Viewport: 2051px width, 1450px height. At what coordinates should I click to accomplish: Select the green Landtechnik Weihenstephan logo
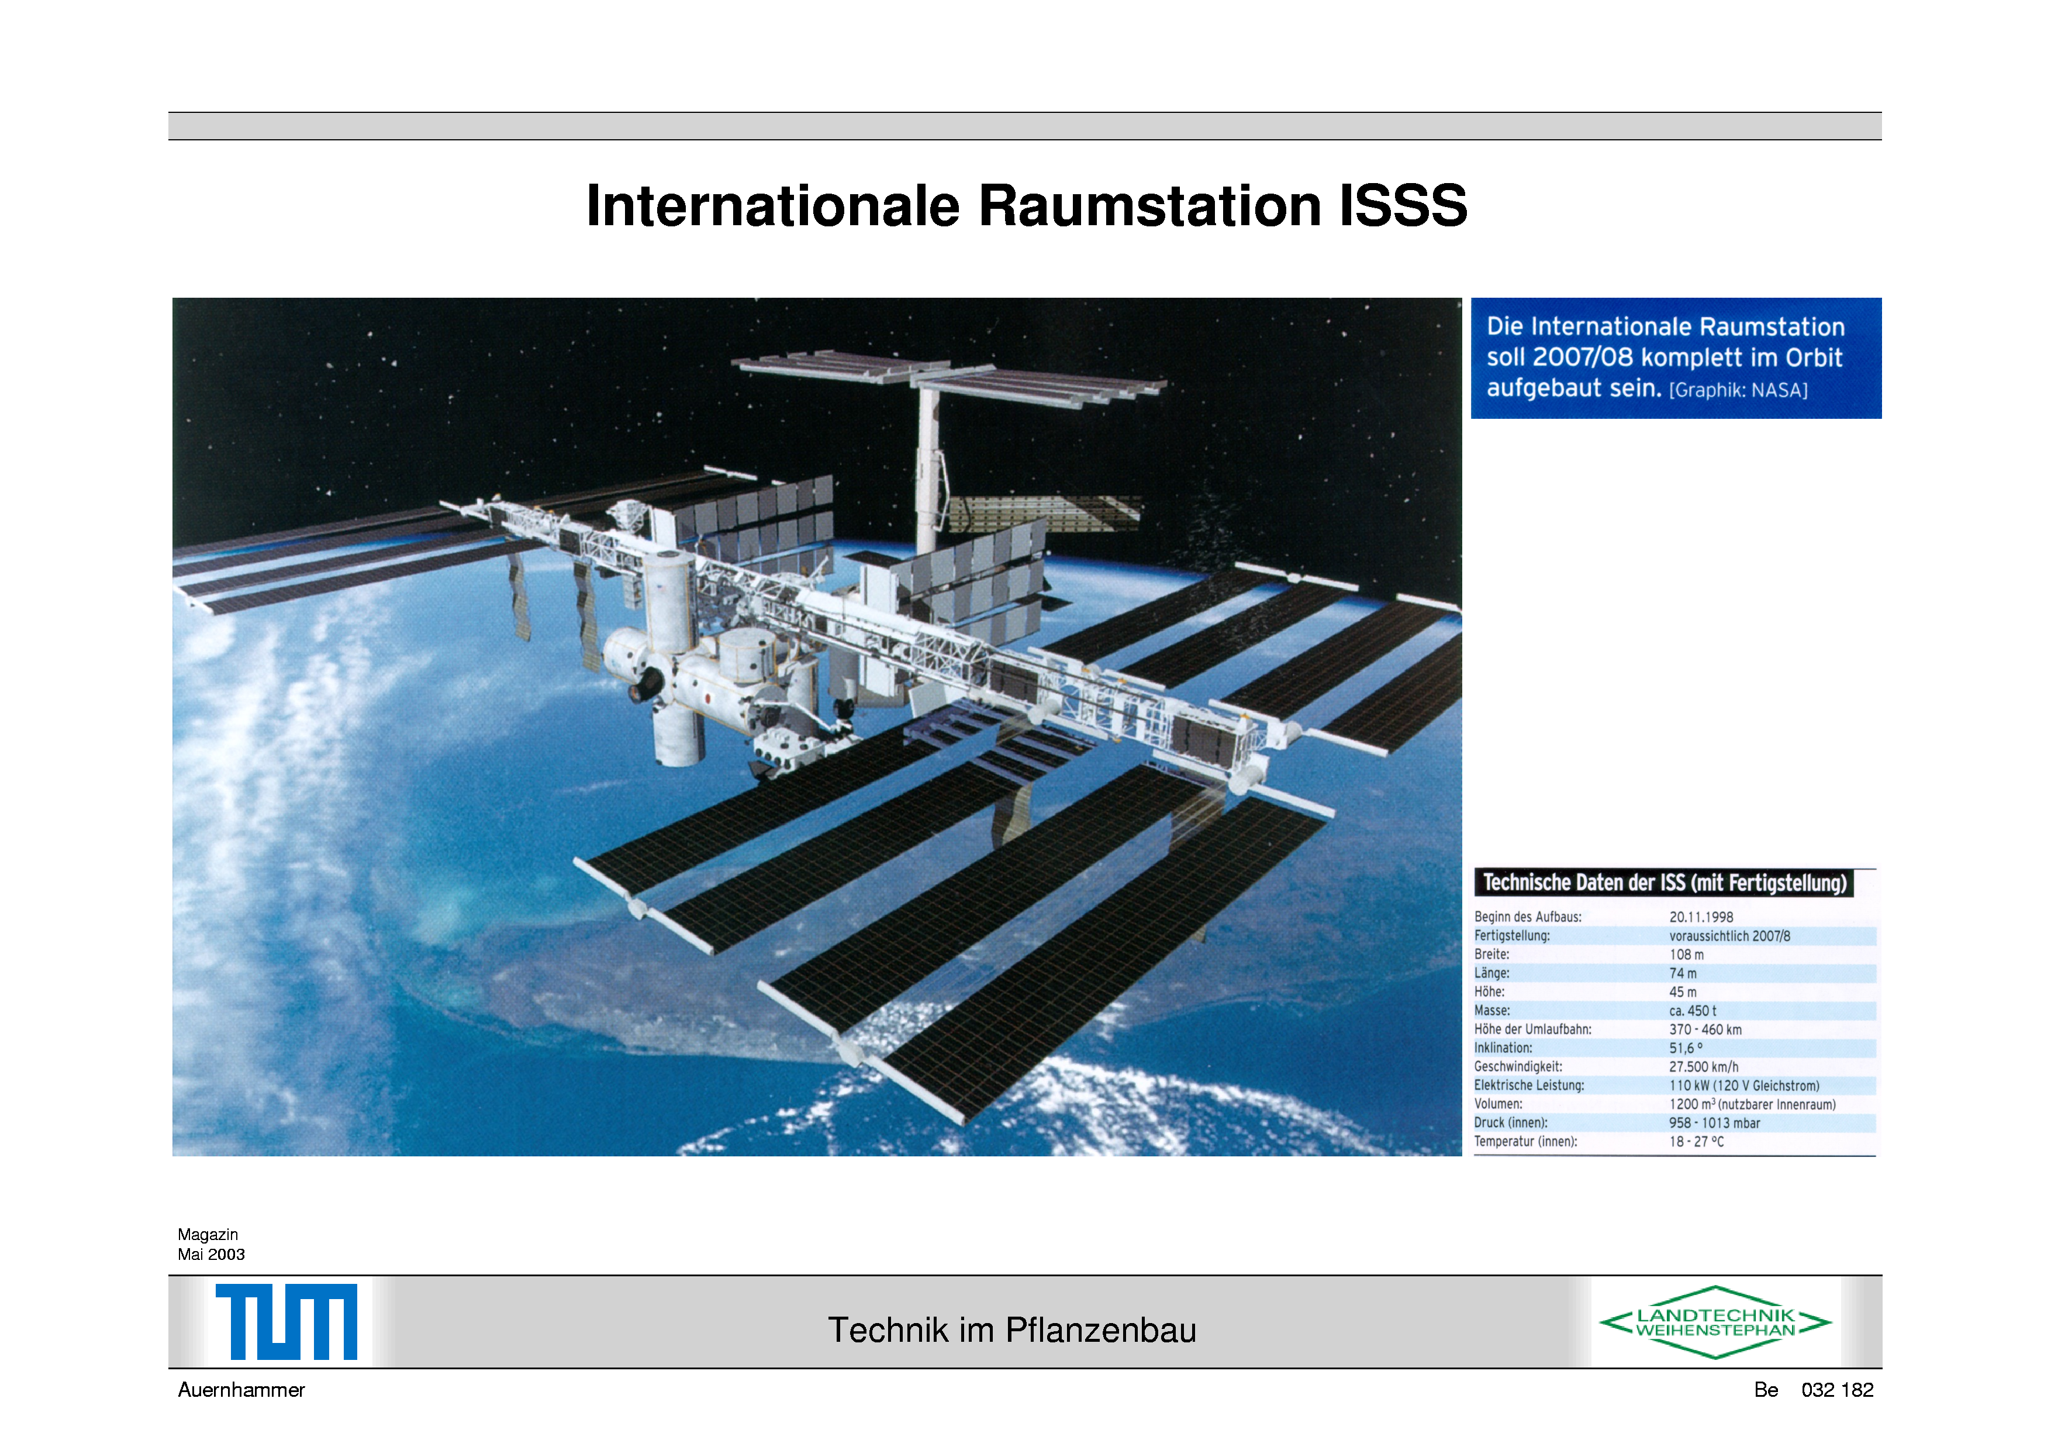pyautogui.click(x=1715, y=1322)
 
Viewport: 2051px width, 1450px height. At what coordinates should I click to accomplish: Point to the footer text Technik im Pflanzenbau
pyautogui.click(x=1011, y=1330)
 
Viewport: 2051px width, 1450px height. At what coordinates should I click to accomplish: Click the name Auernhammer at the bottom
pyautogui.click(x=241, y=1390)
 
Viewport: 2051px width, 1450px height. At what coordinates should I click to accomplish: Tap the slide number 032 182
pyautogui.click(x=1838, y=1390)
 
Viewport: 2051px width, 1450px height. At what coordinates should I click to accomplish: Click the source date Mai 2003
pyautogui.click(x=211, y=1254)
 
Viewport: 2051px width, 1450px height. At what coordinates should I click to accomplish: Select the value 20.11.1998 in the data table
pyautogui.click(x=1701, y=918)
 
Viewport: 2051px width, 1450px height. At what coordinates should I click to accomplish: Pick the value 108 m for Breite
pyautogui.click(x=1687, y=955)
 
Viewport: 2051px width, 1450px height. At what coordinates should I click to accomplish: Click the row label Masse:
pyautogui.click(x=1492, y=1011)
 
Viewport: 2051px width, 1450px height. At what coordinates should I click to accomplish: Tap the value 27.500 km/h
pyautogui.click(x=1704, y=1067)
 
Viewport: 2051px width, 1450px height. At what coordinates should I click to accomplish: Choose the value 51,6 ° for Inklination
pyautogui.click(x=1686, y=1048)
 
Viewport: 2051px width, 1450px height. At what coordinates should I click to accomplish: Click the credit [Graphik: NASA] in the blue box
pyautogui.click(x=1738, y=390)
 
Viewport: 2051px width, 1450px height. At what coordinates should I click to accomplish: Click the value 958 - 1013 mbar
pyautogui.click(x=1714, y=1123)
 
